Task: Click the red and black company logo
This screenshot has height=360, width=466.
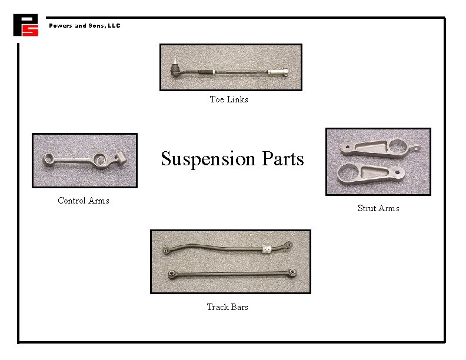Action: (25, 25)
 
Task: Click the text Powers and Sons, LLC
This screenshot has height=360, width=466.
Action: (84, 26)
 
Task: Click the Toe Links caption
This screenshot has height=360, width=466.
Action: (229, 99)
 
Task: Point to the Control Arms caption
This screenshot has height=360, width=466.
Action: (83, 201)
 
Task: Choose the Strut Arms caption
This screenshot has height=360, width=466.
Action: (378, 208)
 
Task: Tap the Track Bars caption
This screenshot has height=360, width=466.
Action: (227, 307)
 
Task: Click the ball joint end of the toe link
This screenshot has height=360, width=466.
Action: (175, 72)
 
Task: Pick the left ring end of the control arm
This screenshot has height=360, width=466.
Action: (49, 159)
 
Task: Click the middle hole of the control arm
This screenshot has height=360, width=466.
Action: (101, 160)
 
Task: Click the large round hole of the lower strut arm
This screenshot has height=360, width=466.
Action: (347, 174)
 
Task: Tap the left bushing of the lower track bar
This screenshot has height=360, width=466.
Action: (171, 273)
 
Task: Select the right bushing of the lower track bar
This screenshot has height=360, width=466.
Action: (292, 272)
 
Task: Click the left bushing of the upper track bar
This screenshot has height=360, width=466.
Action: (167, 251)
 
